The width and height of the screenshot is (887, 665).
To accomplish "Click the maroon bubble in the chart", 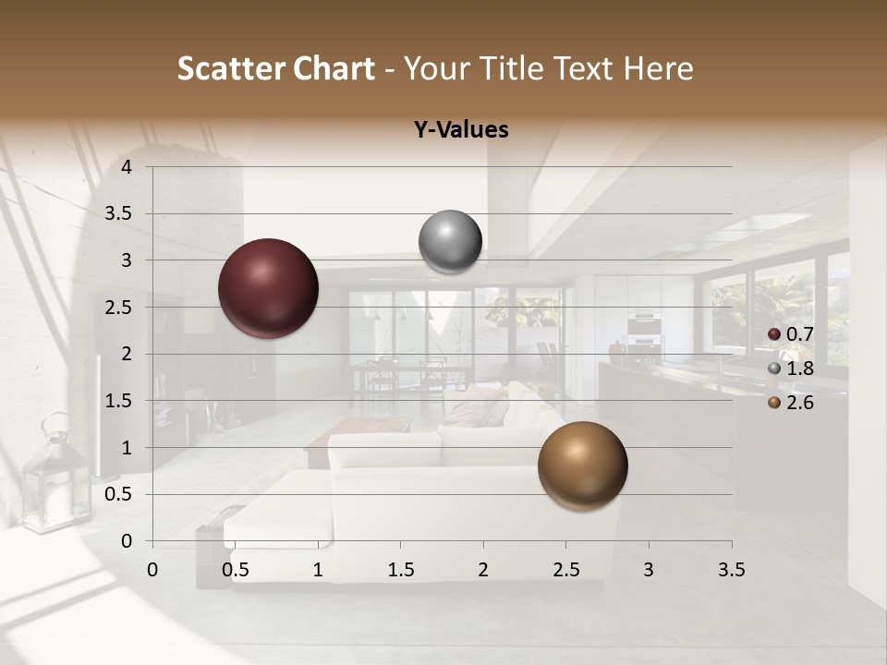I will click(x=269, y=288).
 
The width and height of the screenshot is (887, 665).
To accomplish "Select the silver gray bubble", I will click(x=450, y=242).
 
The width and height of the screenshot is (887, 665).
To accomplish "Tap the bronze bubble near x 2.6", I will click(x=582, y=466).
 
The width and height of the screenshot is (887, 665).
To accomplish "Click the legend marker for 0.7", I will click(x=774, y=334).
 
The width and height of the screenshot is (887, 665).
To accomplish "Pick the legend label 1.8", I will click(x=799, y=369).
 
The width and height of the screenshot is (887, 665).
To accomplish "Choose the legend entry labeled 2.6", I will click(x=799, y=403).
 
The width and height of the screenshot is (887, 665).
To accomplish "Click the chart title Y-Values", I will click(x=461, y=130).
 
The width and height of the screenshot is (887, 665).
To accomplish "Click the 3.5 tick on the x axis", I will click(x=732, y=570).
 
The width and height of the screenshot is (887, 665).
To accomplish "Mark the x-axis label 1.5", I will click(x=401, y=570).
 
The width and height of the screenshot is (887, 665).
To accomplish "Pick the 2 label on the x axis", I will click(x=483, y=570).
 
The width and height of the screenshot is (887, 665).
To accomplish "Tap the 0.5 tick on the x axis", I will click(x=236, y=570).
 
